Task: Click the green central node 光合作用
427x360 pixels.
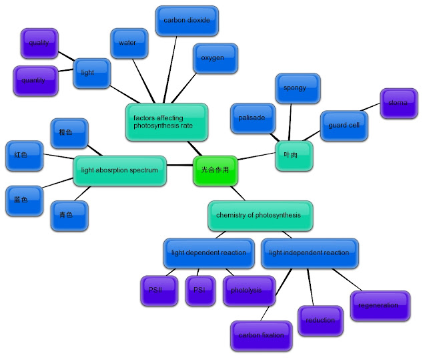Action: [216, 170]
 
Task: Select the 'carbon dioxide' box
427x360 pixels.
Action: [186, 21]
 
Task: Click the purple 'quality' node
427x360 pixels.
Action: [39, 43]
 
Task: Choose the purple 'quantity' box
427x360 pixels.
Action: [33, 80]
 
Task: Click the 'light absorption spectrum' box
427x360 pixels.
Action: [119, 170]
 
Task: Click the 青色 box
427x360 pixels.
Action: [69, 215]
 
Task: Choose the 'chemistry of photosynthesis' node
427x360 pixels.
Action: [258, 215]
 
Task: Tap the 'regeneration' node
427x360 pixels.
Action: [378, 305]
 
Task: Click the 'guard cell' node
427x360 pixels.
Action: [344, 125]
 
